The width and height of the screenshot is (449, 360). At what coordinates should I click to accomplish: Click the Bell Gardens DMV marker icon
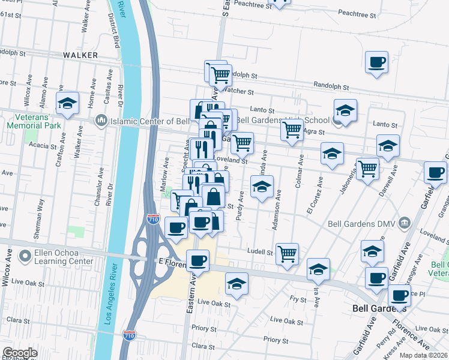[405, 224]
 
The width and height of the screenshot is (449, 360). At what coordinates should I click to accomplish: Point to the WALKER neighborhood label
[80, 55]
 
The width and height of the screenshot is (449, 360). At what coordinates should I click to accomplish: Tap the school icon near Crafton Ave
[68, 104]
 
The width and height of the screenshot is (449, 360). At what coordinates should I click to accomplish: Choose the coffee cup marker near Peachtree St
[376, 62]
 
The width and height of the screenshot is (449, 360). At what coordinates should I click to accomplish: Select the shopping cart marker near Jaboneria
[367, 169]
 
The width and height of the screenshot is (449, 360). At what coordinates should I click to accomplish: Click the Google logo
[20, 353]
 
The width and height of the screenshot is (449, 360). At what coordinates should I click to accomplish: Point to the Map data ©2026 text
[424, 355]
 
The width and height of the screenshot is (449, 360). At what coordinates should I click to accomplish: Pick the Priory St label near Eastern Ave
[204, 329]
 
